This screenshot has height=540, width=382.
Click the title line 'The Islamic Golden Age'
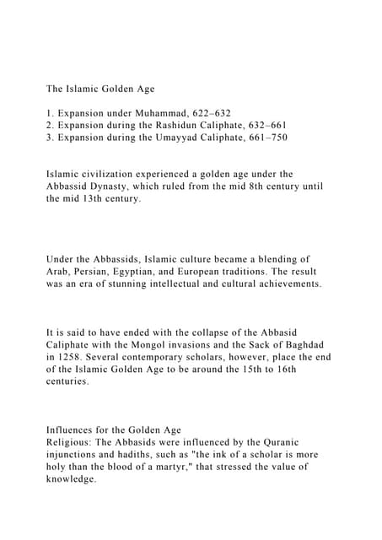pos(100,88)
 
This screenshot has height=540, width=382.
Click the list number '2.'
pos(51,126)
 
